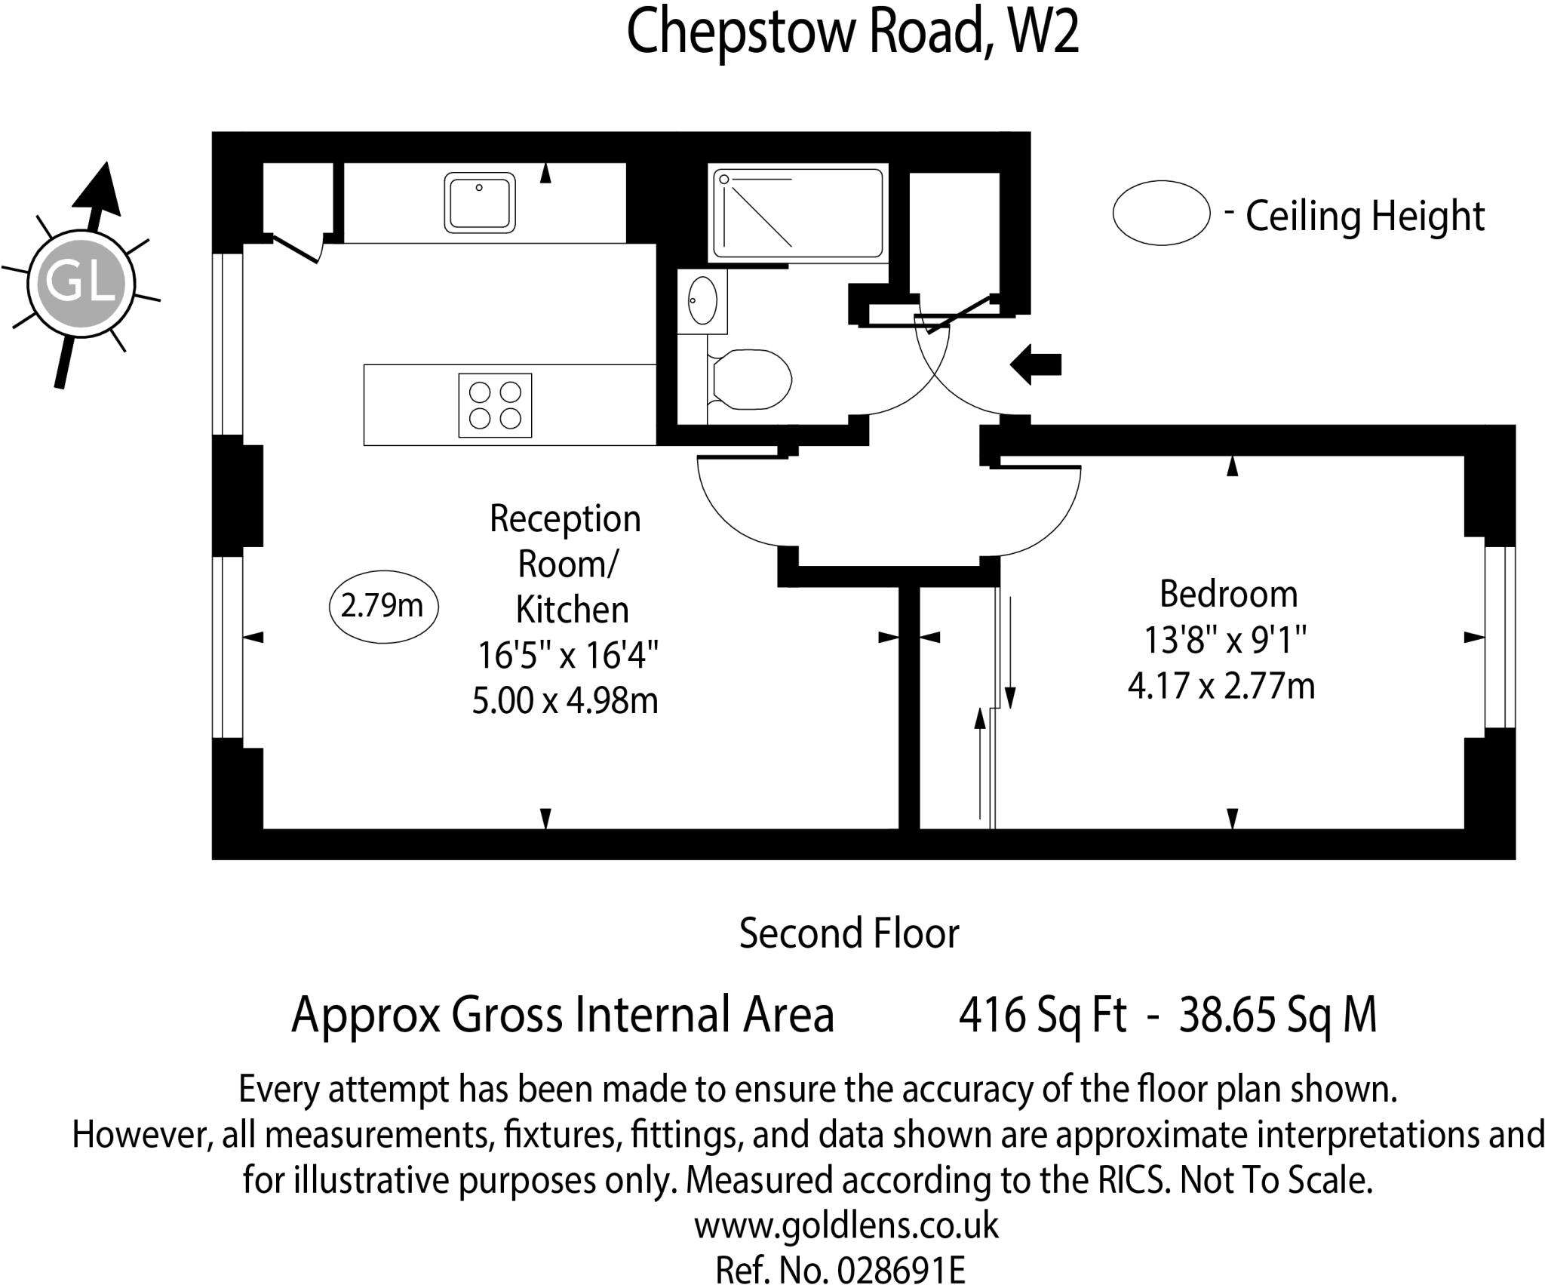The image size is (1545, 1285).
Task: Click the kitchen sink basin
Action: click(480, 201)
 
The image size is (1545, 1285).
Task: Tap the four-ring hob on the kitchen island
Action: click(495, 405)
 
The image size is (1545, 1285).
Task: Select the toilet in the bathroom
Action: click(750, 380)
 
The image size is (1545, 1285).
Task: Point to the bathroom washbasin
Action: click(702, 301)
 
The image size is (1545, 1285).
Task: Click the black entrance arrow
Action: click(1036, 364)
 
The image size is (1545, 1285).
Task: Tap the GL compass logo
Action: click(81, 284)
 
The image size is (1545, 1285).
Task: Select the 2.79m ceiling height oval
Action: click(384, 607)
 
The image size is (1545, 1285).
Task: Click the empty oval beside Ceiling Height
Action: click(1161, 213)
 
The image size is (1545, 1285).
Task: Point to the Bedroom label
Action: click(1228, 594)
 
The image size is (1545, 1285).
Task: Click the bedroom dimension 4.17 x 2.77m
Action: click(1221, 687)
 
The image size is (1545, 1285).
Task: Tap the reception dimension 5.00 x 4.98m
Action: click(565, 700)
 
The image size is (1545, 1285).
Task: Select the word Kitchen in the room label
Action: click(572, 610)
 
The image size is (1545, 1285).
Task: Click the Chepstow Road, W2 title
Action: click(852, 32)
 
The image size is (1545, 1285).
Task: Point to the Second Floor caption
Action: click(849, 933)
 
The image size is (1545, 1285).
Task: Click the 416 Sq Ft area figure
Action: click(1043, 1015)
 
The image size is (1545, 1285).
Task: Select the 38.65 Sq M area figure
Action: click(1278, 1015)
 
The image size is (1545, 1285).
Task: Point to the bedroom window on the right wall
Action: click(1500, 638)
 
